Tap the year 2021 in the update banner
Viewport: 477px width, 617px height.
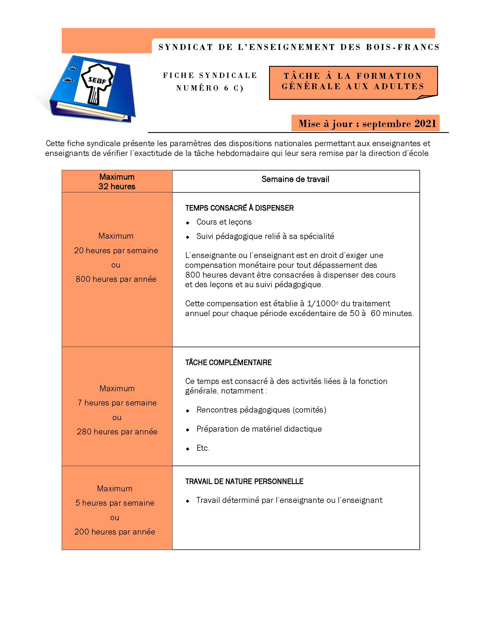coord(425,124)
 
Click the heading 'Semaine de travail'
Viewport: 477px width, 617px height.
coord(295,179)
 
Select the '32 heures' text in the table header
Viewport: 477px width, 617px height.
coord(117,187)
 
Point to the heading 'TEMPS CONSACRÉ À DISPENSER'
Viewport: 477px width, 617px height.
coord(239,208)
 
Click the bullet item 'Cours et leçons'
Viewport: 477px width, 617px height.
coord(224,222)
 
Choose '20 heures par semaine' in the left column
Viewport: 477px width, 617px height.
coord(116,250)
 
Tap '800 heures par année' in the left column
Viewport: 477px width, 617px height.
coord(116,279)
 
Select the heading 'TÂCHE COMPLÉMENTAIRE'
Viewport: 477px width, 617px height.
coord(228,362)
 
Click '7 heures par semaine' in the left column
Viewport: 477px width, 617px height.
coord(117,403)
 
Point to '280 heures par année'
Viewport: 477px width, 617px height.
coord(117,432)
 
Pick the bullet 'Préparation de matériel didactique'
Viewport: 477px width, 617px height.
coord(259,429)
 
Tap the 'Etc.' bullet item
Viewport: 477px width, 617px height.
coord(203,448)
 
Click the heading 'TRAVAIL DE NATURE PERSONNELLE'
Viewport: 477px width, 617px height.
coord(244,481)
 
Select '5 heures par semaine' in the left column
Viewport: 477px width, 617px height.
coord(115,503)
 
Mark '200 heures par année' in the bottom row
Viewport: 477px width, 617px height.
coord(115,532)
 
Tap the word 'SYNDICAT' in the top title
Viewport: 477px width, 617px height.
coord(186,47)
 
